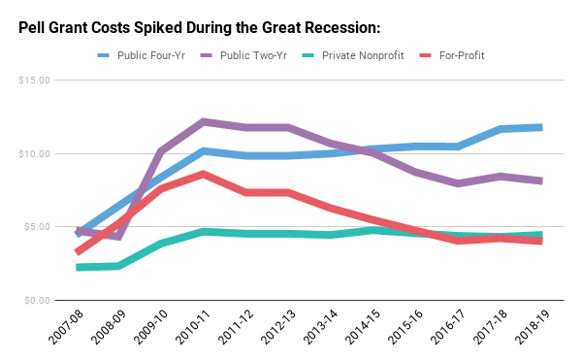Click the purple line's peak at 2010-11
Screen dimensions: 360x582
[204, 121]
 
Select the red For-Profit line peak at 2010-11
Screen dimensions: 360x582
[204, 174]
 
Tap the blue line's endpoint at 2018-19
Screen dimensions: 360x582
[539, 127]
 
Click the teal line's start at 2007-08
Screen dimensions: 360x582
[79, 267]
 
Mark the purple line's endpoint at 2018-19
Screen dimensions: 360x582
[539, 180]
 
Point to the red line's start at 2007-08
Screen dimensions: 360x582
[79, 251]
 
